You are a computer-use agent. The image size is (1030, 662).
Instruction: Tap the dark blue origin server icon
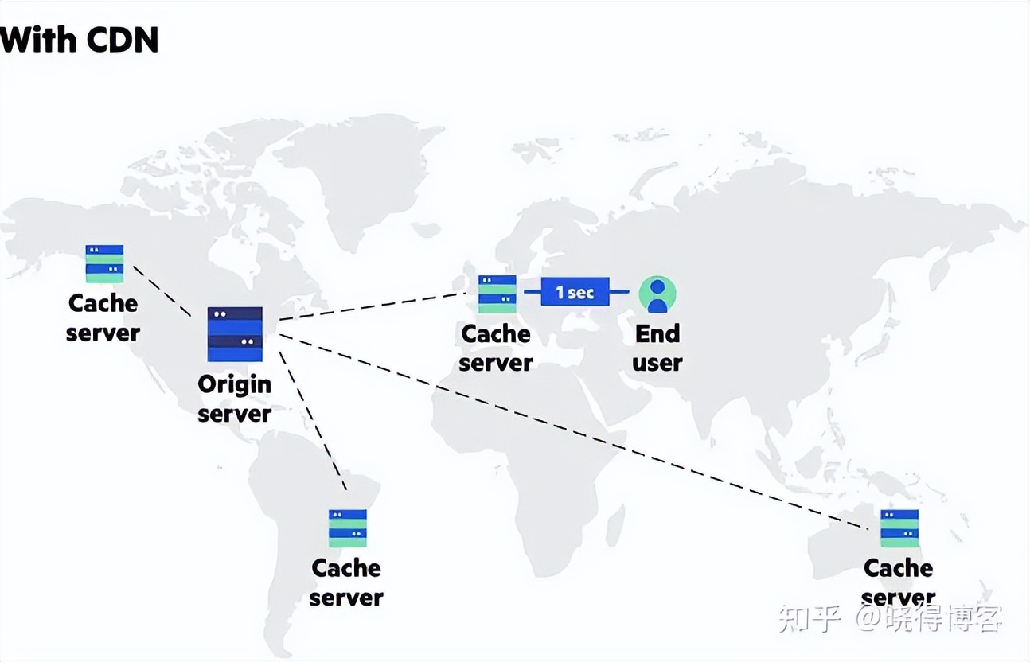coord(235,333)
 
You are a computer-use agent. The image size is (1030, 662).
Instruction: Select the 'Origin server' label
coord(234,399)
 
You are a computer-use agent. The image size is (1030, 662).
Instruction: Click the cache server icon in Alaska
coord(104,263)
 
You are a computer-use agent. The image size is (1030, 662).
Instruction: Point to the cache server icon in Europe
coord(497,294)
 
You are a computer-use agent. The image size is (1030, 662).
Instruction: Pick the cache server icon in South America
coord(348,528)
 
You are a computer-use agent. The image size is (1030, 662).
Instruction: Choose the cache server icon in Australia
coord(899,528)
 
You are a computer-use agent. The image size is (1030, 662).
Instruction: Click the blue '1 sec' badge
coord(575,292)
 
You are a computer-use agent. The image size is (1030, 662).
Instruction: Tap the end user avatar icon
coord(657,294)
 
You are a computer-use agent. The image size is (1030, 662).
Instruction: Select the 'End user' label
coord(657,348)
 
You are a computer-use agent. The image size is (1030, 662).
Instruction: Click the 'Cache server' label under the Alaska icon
coord(103,317)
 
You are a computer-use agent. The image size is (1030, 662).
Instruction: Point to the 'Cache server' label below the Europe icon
coord(496,348)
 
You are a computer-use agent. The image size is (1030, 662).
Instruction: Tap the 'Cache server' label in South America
coord(346,582)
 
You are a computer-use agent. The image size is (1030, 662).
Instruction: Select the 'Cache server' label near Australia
coord(899,582)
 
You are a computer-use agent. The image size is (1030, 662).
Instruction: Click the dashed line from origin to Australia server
coord(573,430)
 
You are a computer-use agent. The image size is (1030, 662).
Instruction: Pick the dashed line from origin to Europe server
coord(374,306)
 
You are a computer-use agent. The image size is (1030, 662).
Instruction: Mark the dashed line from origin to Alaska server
coord(162,290)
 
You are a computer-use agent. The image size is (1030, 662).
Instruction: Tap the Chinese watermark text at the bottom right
coord(890,617)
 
